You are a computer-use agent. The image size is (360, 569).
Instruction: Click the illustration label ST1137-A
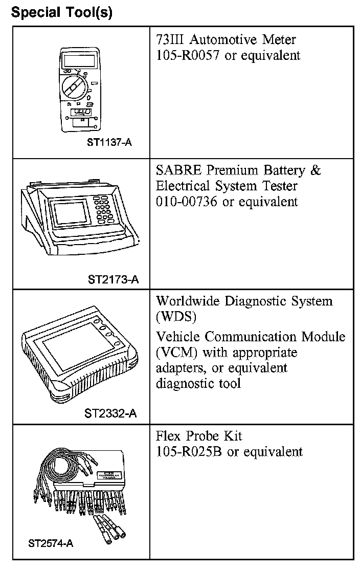pos(110,143)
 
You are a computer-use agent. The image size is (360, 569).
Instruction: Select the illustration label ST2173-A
pos(113,279)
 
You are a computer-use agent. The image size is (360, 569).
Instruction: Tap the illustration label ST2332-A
pos(110,413)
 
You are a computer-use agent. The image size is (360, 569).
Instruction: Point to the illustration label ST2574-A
pos(51,543)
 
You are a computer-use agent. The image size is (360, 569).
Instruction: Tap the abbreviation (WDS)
pos(176,317)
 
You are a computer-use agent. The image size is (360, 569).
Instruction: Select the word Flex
pos(169,436)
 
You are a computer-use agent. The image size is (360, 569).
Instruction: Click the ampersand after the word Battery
pos(316,170)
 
